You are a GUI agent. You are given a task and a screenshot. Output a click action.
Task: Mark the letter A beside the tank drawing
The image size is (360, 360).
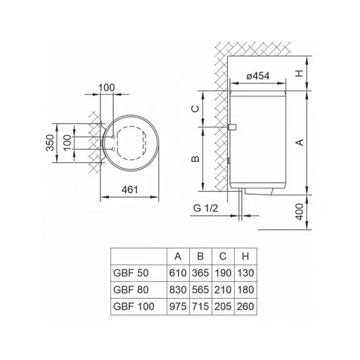click(x=302, y=141)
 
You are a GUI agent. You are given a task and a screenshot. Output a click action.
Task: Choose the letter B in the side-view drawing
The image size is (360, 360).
click(x=198, y=159)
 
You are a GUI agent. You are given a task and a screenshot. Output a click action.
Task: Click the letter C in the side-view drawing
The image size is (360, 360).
click(x=198, y=108)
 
